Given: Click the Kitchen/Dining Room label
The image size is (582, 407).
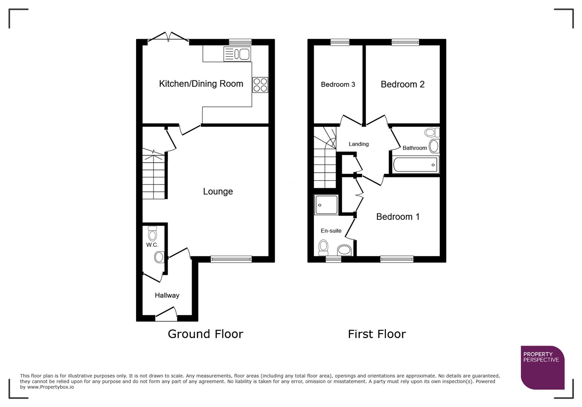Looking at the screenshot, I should [x=201, y=84].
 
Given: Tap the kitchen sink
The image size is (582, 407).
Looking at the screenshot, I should [x=237, y=54].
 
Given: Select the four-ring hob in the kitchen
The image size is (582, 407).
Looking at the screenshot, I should [x=260, y=85].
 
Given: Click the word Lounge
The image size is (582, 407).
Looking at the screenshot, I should [x=218, y=191].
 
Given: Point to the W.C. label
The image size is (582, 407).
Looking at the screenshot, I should [x=152, y=245].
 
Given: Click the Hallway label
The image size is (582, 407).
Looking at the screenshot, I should [x=167, y=295].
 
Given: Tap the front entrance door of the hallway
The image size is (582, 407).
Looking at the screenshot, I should [x=166, y=314].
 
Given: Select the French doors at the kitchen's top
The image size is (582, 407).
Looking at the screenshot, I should [x=168, y=37].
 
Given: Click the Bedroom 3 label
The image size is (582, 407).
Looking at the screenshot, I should [x=338, y=84].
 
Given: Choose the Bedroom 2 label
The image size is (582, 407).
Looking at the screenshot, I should [x=402, y=84].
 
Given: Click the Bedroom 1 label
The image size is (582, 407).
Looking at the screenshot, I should [x=398, y=217].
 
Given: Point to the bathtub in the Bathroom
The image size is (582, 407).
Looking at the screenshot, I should [x=415, y=165].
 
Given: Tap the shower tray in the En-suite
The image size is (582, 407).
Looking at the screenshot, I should [x=326, y=205].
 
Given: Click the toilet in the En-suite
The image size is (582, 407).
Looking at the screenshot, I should [x=323, y=248].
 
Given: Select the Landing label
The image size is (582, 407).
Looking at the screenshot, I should [x=358, y=144].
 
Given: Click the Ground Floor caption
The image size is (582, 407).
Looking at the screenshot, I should [x=205, y=334].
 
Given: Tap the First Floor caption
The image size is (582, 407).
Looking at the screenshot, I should [x=377, y=334].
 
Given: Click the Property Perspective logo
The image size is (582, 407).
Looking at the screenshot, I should [x=542, y=367].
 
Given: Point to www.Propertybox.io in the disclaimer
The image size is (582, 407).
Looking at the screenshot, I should [x=51, y=387].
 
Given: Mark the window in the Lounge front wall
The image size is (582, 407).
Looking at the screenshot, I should [x=231, y=259].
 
